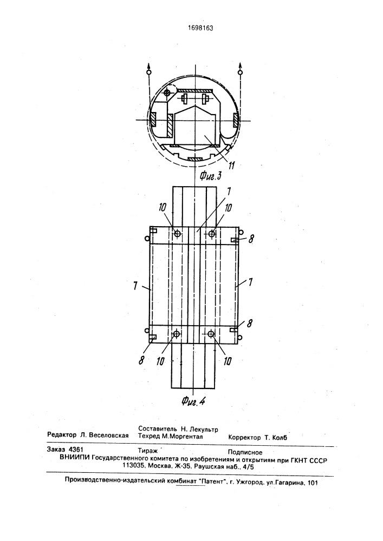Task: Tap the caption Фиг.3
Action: point(210,176)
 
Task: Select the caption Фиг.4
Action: point(193,401)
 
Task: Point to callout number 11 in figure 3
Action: point(232,166)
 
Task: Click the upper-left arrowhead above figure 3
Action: point(149,66)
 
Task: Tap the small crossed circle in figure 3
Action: point(167,93)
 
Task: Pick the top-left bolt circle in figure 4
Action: point(177,234)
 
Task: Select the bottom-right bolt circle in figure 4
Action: point(211,333)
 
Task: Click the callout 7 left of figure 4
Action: point(136,285)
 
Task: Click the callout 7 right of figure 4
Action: point(251,282)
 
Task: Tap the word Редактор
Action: point(62,436)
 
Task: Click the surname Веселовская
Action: point(109,436)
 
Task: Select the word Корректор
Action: point(244,438)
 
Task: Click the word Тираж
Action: point(147,451)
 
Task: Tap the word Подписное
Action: point(245,452)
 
